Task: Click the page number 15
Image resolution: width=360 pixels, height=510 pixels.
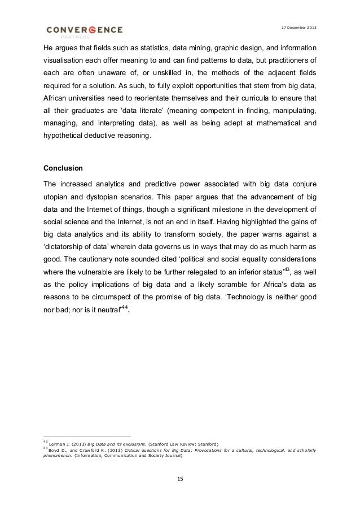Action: click(180, 479)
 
